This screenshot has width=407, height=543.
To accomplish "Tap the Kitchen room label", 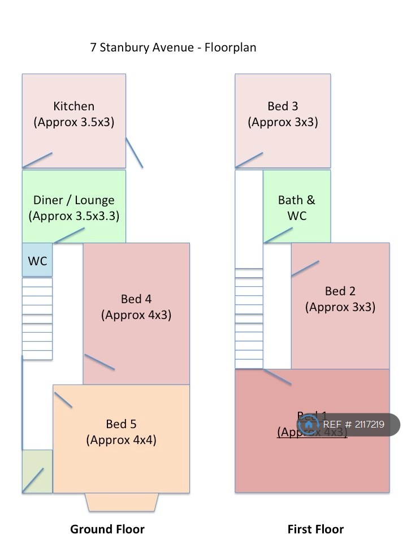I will click(x=74, y=106).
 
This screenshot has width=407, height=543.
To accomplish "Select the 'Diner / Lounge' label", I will click(x=74, y=200).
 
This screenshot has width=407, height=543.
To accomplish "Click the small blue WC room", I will click(x=37, y=261).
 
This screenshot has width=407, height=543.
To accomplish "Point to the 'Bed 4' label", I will click(x=136, y=299).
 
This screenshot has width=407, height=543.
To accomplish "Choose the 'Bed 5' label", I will click(x=121, y=424).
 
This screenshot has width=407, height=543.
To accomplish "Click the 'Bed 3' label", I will click(x=283, y=106).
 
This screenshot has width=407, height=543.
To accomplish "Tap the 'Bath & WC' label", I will click(x=297, y=208).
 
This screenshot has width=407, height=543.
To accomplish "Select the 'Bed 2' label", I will click(x=340, y=291).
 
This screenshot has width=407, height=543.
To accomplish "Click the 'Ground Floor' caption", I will click(x=107, y=529).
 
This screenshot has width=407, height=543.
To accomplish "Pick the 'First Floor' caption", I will click(x=315, y=529).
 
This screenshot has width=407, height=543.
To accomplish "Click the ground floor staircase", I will click(x=37, y=318).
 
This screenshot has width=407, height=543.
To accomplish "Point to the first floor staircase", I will click(x=249, y=318).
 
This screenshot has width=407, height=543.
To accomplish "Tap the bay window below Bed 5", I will click(x=122, y=502).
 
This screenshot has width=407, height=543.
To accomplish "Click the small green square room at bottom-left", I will click(x=37, y=471).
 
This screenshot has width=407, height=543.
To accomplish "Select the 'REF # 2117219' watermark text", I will click(x=354, y=425).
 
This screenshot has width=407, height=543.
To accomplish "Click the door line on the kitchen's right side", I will click(x=134, y=152).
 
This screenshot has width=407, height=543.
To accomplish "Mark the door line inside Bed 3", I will click(x=249, y=160).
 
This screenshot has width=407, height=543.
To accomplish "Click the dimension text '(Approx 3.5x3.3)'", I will click(x=74, y=216).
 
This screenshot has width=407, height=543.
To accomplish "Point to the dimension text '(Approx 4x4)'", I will click(x=121, y=439).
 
